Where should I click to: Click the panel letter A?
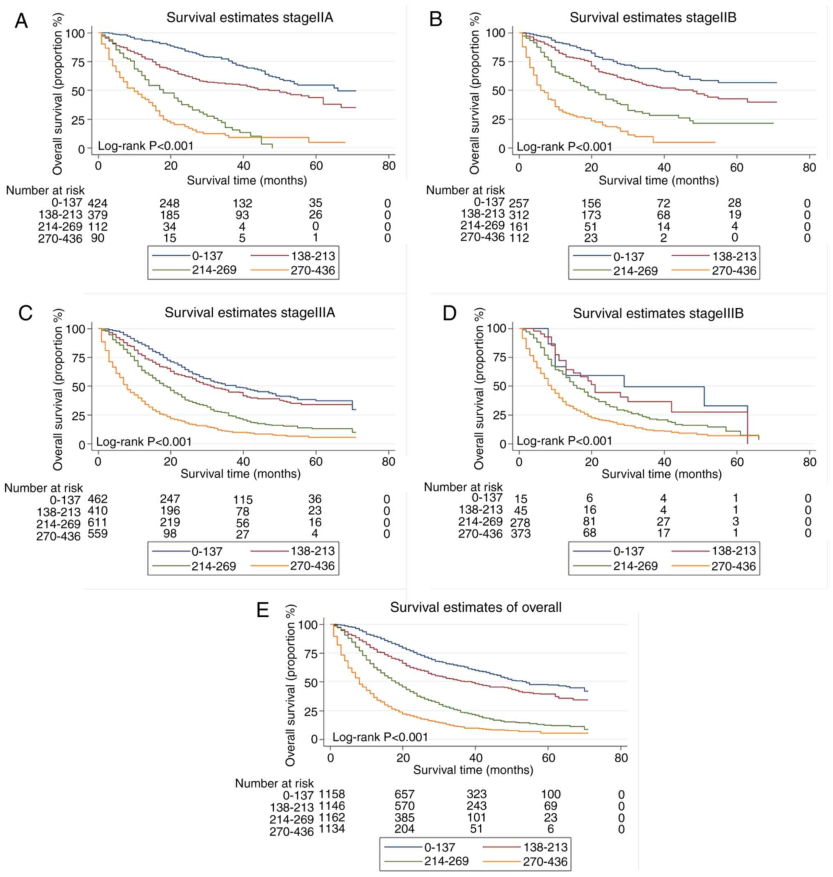pyautogui.click(x=21, y=21)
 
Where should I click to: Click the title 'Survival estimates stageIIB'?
pyautogui.click(x=653, y=18)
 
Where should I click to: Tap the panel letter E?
pyautogui.click(x=262, y=610)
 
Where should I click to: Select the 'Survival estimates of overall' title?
pyautogui.click(x=476, y=607)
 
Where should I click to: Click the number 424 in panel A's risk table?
pyautogui.click(x=98, y=203)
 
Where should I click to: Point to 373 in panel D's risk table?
pyautogui.click(x=520, y=533)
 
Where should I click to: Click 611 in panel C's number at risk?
pyautogui.click(x=98, y=522)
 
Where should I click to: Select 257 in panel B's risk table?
pyautogui.click(x=519, y=203)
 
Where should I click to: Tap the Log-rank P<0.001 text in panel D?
pyautogui.click(x=564, y=441)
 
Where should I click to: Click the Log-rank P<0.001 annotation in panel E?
pyautogui.click(x=380, y=737)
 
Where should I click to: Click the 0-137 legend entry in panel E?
pyautogui.click(x=439, y=847)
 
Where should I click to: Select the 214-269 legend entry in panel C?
pyautogui.click(x=214, y=566)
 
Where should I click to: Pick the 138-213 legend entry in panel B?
pyautogui.click(x=734, y=256)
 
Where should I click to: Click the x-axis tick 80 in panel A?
pyautogui.click(x=389, y=166)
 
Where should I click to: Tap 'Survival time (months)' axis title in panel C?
pyautogui.click(x=240, y=474)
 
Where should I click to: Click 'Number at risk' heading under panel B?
pyautogui.click(x=465, y=190)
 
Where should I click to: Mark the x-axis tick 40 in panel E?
pyautogui.click(x=476, y=758)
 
